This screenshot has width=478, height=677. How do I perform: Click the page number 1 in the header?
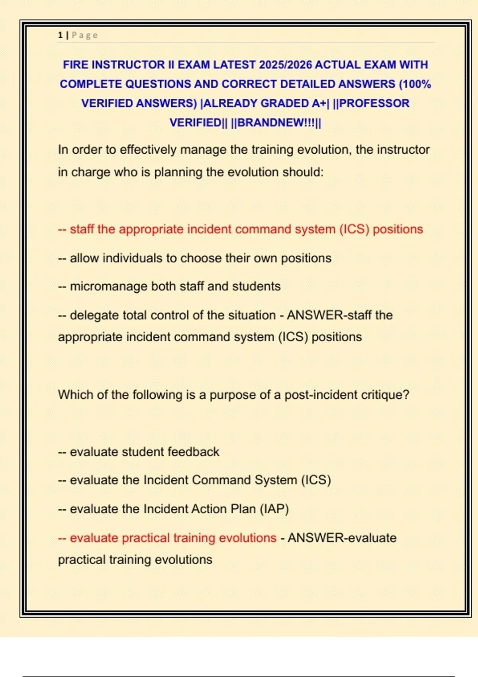tap(60, 35)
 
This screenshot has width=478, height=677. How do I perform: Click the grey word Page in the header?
tap(84, 35)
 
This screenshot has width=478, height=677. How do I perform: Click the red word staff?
tap(82, 229)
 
